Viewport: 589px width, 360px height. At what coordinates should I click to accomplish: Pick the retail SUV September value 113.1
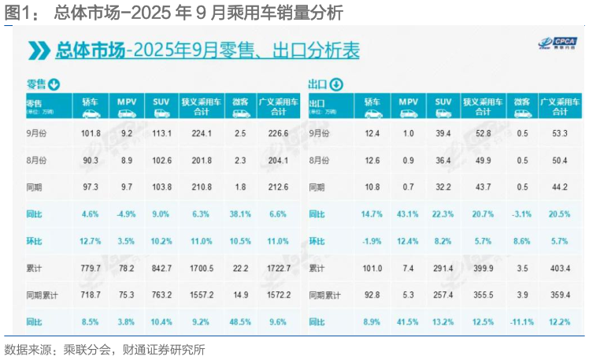tap(161, 132)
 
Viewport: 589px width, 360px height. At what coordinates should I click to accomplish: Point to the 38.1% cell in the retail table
tap(240, 213)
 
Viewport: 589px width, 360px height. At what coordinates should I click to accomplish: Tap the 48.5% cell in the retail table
tap(240, 322)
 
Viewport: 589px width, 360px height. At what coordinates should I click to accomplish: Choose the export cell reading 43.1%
tap(408, 213)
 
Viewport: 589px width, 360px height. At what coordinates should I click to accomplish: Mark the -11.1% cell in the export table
tap(522, 322)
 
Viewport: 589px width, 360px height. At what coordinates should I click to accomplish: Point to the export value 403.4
tap(561, 268)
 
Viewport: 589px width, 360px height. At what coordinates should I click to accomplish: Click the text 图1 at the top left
tap(19, 13)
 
